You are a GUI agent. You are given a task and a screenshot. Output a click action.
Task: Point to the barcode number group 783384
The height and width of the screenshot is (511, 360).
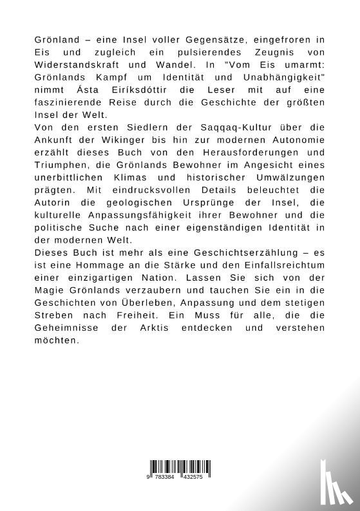point(167,478)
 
